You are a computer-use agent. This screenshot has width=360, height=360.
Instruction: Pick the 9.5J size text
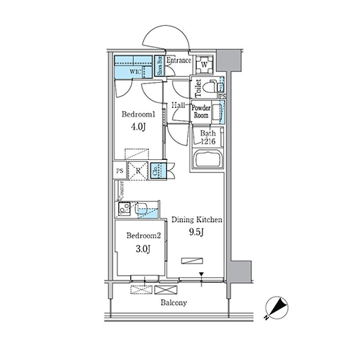(196, 233)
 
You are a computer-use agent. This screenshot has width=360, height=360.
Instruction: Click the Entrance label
(179, 62)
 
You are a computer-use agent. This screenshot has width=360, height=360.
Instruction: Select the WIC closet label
(135, 73)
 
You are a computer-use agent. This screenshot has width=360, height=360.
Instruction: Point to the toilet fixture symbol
(209, 89)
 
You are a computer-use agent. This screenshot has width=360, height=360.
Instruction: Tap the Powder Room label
(202, 112)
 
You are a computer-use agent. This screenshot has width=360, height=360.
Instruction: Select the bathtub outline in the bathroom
(207, 161)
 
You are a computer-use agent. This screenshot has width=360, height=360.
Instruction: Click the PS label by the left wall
(120, 171)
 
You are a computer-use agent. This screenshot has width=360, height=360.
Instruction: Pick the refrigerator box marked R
(137, 171)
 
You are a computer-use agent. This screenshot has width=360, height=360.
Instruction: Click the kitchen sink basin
(144, 210)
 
